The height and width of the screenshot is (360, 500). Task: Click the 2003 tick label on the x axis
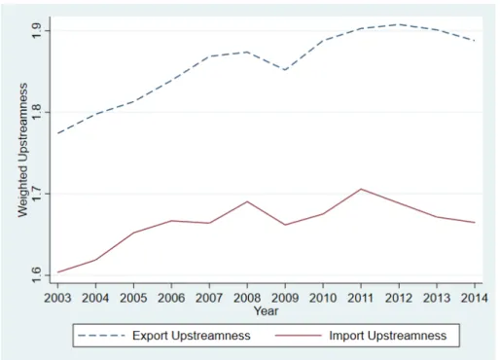coord(57,298)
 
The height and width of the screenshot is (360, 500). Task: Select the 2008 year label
coord(247,298)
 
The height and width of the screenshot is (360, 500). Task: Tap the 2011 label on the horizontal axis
coord(361,298)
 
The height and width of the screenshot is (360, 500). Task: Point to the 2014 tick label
coord(475,298)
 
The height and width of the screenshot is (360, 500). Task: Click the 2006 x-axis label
coord(171,298)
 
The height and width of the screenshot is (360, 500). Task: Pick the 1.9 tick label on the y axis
coord(36,31)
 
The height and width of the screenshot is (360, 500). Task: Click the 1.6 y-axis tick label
coord(36,275)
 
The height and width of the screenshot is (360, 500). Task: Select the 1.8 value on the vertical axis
coord(36,112)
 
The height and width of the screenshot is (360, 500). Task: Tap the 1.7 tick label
coord(36,194)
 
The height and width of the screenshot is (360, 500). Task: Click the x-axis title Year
coord(266,311)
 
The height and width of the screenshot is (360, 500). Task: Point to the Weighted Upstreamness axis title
coord(22,150)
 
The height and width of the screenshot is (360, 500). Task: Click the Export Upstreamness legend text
coord(192,336)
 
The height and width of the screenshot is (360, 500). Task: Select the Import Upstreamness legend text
coord(388,336)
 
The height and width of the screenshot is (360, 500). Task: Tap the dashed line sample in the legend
coord(101,336)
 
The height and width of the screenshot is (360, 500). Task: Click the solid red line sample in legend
coord(299,336)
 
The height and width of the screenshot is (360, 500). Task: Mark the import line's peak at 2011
coord(361,189)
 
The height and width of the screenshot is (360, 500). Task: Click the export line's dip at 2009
coord(285,70)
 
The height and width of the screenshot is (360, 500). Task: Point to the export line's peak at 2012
coord(399,24)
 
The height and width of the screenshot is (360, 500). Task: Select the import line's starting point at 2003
coord(57,272)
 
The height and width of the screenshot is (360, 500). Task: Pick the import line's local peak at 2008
coord(247,201)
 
